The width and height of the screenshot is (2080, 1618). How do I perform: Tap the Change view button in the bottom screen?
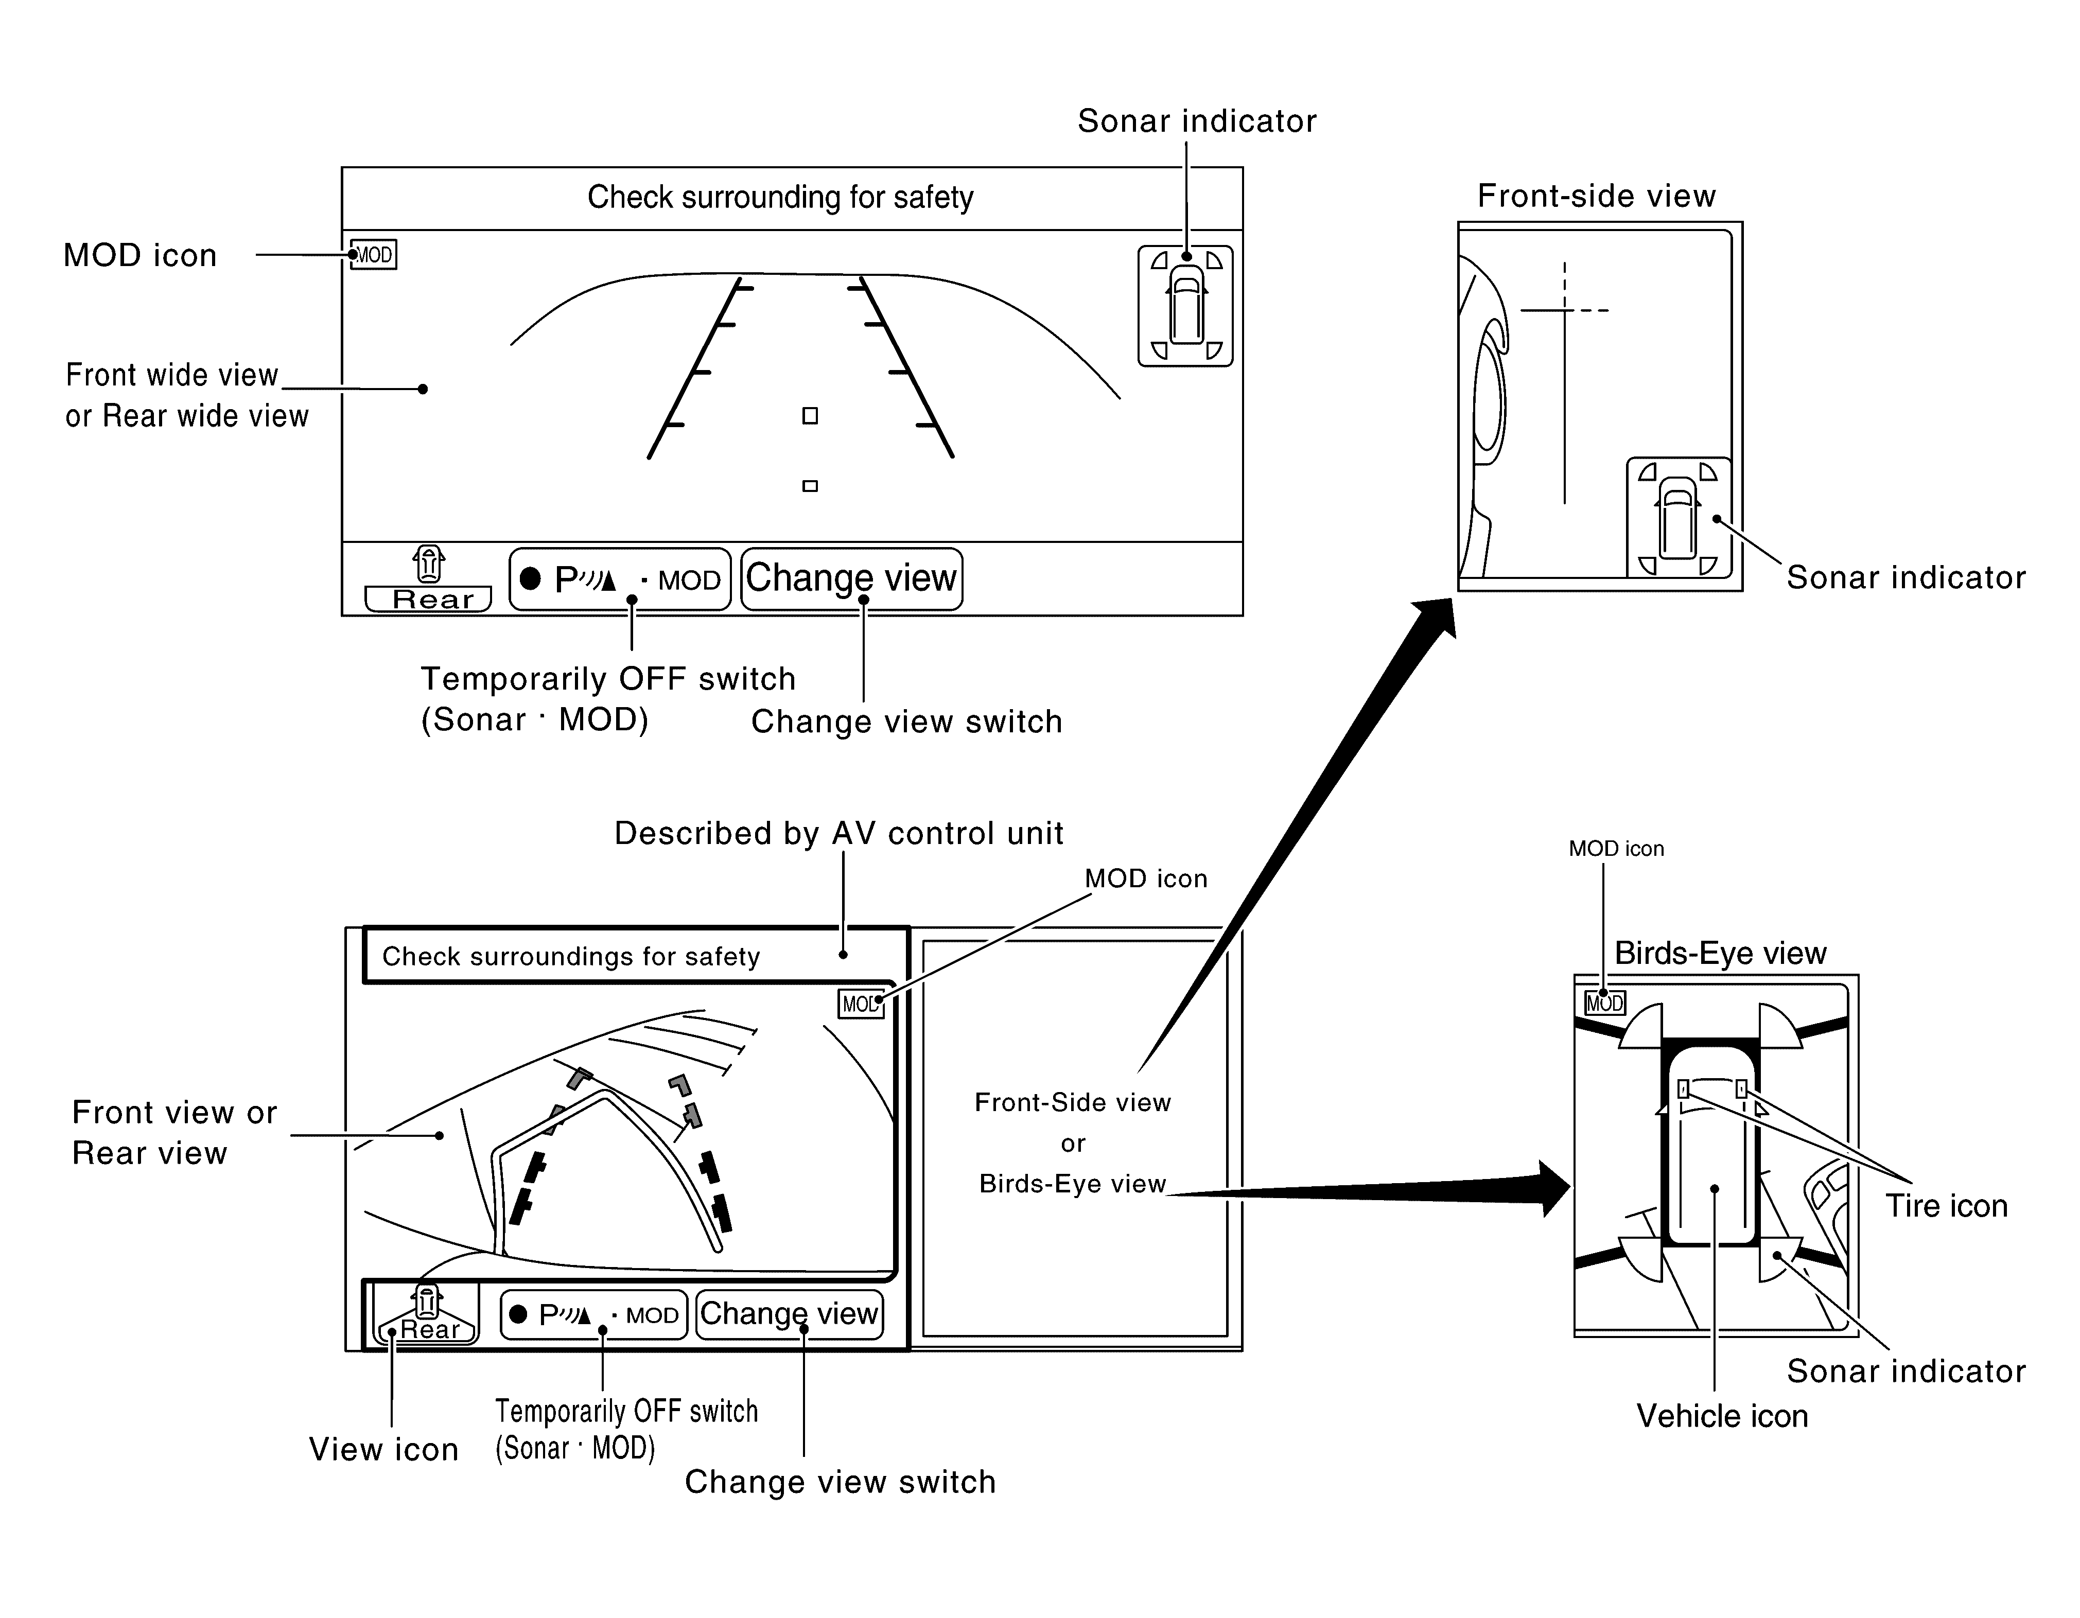coord(790,1314)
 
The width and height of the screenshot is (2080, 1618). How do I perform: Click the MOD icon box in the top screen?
coord(373,254)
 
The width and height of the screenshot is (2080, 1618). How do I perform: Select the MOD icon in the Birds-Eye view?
coord(1605,1003)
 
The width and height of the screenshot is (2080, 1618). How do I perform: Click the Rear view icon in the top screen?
coord(429,579)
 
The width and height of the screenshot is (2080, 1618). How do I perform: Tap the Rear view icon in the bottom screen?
coord(426,1314)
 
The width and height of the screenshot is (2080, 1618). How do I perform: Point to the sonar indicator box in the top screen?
coord(1186,306)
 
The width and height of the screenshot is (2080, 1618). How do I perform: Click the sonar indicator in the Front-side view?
coord(1678,517)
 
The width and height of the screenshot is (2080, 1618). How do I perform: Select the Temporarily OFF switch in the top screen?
coord(620,579)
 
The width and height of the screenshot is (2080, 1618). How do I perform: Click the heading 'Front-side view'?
coord(1596,196)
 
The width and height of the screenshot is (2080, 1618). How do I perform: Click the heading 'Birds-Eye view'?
coord(1720,953)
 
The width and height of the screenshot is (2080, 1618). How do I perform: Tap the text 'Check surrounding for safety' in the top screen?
coord(780,197)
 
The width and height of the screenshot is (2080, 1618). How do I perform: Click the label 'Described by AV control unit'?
coord(838,833)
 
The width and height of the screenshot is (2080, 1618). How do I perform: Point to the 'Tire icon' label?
coord(1947,1206)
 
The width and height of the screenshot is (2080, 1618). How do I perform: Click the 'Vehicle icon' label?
coord(1722,1416)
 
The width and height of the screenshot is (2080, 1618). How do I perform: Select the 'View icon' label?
coord(384,1449)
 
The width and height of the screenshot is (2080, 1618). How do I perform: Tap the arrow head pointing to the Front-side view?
coord(1436,617)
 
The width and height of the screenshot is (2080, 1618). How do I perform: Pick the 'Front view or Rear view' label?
coord(174,1132)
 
